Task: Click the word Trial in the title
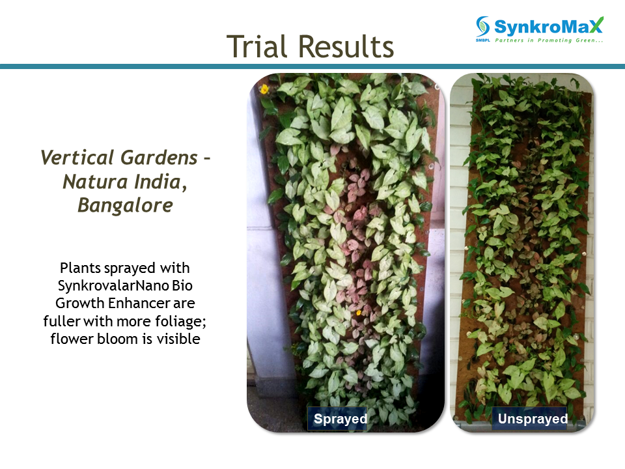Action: click(x=257, y=47)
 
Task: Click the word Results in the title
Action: click(x=346, y=47)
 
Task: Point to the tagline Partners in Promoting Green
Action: click(x=549, y=40)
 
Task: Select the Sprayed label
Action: click(x=340, y=419)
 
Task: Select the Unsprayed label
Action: click(x=533, y=419)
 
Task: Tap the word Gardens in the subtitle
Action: click(x=159, y=157)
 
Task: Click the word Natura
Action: click(x=95, y=182)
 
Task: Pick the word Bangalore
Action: click(x=125, y=205)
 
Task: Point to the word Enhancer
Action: click(x=139, y=303)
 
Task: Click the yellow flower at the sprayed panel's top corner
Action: click(x=264, y=89)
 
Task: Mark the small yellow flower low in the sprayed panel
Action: click(x=359, y=313)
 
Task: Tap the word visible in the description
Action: click(x=178, y=339)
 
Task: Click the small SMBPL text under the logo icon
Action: click(x=482, y=40)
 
